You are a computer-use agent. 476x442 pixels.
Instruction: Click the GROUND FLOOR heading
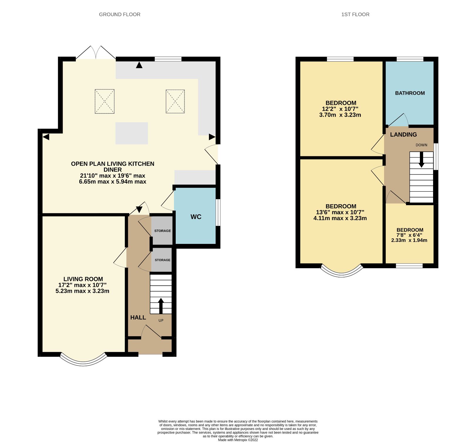[x=120, y=14]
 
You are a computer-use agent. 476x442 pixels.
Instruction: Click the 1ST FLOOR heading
[x=355, y=14]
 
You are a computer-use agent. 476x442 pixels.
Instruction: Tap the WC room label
[x=196, y=217]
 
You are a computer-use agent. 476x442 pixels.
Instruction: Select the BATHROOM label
[x=410, y=93]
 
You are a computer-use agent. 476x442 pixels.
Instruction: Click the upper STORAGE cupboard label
[x=162, y=231]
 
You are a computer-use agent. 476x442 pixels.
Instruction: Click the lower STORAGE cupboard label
[x=162, y=260]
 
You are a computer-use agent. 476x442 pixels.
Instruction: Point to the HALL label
[x=138, y=317]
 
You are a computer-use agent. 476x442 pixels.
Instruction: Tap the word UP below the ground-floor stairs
[x=161, y=320]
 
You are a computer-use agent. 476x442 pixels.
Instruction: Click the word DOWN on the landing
[x=421, y=145]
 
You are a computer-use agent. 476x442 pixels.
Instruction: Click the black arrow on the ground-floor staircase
[x=161, y=306]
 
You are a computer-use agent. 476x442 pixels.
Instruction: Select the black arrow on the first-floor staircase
[x=421, y=160]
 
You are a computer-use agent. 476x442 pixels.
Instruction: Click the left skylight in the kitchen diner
[x=105, y=101]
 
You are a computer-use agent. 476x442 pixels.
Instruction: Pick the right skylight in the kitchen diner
[x=175, y=101]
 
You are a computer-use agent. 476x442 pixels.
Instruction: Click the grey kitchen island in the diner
[x=131, y=133]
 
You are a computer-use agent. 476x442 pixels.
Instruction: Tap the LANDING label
[x=403, y=135]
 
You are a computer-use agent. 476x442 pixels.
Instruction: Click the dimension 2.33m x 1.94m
[x=409, y=240]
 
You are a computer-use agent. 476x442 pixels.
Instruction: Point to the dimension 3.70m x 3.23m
[x=340, y=115]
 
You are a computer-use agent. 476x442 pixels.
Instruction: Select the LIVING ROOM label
[x=83, y=279]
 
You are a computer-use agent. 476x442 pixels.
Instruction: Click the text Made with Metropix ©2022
[x=238, y=440]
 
